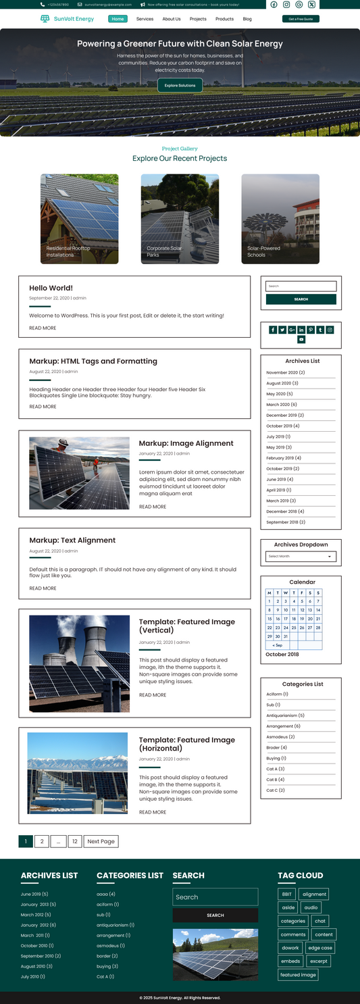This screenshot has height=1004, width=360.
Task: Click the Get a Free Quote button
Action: click(x=301, y=19)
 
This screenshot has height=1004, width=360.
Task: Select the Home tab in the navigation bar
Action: click(x=118, y=19)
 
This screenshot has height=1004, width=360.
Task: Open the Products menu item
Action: click(x=224, y=19)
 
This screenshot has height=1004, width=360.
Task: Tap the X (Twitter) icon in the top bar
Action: click(x=311, y=5)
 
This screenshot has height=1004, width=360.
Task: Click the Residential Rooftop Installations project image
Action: click(x=79, y=218)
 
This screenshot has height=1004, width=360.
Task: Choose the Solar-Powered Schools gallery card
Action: click(x=280, y=218)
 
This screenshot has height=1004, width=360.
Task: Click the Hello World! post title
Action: click(x=51, y=288)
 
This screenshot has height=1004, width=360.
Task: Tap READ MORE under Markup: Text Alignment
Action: click(x=43, y=588)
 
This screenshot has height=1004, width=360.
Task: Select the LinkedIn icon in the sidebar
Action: click(x=301, y=330)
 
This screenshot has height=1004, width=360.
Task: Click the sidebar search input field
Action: click(x=301, y=286)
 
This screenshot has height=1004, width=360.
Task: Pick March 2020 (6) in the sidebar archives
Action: click(x=280, y=405)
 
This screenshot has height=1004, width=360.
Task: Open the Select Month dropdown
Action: click(x=301, y=557)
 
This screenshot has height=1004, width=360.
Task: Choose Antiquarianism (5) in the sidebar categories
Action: click(x=285, y=716)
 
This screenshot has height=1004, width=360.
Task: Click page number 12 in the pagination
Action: click(x=74, y=841)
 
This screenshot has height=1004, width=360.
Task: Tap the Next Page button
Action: click(x=101, y=841)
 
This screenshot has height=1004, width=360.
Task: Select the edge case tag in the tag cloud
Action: click(x=320, y=948)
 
